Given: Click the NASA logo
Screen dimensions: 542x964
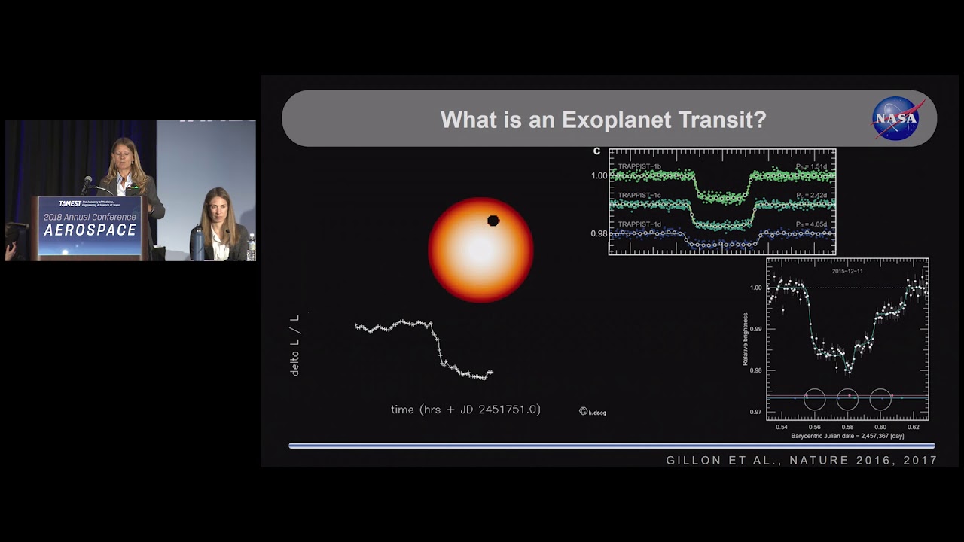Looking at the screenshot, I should (898, 118).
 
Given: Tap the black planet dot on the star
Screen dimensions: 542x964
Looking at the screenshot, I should (493, 221).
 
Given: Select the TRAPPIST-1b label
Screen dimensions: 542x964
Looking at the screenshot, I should (640, 166).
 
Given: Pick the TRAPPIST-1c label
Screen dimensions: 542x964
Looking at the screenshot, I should (640, 195).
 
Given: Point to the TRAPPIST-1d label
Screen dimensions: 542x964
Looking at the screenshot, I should (640, 224).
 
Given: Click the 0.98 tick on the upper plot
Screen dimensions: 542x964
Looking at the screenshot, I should (599, 233).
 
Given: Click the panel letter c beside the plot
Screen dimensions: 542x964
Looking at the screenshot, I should (597, 151).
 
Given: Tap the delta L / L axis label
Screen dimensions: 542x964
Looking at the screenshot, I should (294, 346).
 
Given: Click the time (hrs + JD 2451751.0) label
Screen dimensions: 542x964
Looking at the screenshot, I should (465, 410).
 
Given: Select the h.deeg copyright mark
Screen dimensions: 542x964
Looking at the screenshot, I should (592, 412).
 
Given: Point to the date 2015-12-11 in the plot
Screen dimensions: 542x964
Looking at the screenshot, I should (847, 270).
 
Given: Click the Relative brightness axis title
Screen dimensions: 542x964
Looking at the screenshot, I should (746, 340).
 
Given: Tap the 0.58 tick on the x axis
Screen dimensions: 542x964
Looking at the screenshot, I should (847, 427).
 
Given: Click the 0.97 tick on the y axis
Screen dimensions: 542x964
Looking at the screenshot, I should (755, 412).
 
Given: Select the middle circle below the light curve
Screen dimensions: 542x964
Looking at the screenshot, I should (847, 399).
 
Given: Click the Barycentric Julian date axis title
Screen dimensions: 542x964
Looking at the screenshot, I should (847, 436).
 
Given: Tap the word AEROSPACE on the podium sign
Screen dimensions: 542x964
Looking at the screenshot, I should (90, 230).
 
